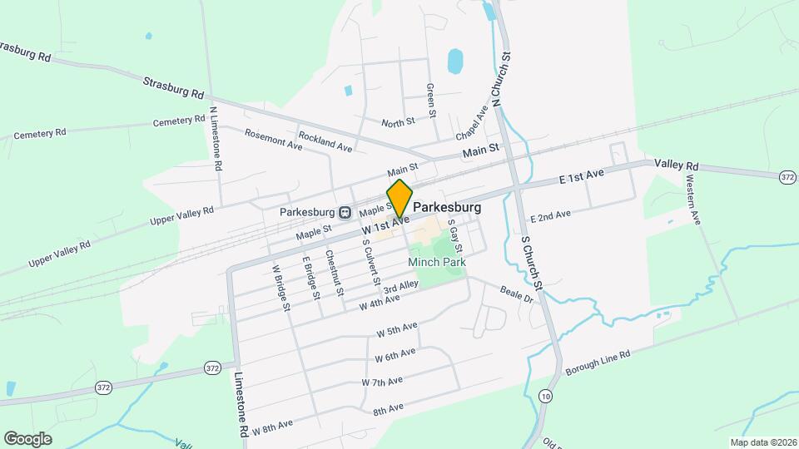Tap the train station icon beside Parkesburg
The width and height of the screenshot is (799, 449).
344,211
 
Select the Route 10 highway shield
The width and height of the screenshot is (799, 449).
544,397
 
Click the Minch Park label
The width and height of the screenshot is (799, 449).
436,262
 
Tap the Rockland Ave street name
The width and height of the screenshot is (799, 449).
325,141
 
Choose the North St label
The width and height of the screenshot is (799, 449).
398,122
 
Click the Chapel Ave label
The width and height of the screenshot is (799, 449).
471,124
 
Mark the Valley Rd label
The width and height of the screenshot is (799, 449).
676,165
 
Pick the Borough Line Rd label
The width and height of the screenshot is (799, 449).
598,362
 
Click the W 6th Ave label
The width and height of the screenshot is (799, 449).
395,355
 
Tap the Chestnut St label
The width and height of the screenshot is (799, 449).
335,274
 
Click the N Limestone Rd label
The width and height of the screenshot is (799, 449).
216,139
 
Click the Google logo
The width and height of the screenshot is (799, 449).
27,438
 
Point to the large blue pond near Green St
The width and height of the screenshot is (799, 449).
454,61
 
